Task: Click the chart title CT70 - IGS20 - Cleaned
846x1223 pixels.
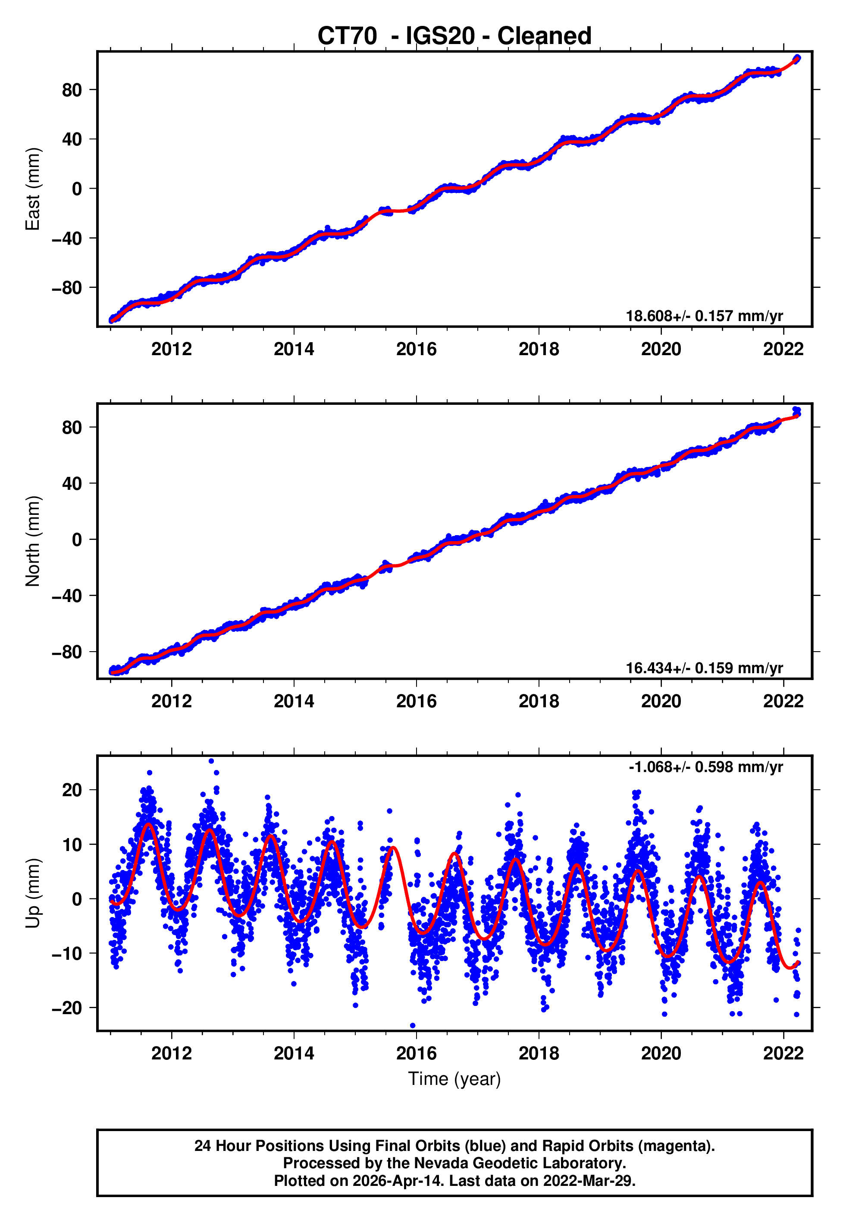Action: tap(454, 36)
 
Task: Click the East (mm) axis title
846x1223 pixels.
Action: tap(33, 189)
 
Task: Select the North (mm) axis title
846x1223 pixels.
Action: tap(33, 541)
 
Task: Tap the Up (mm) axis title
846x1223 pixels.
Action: tap(33, 893)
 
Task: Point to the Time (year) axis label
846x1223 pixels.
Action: tap(454, 1079)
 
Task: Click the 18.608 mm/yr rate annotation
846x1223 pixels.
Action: tap(704, 316)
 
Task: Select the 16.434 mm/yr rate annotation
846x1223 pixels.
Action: tap(704, 668)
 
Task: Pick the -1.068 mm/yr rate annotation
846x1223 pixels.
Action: tap(705, 767)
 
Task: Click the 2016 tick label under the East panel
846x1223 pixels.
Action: tap(416, 349)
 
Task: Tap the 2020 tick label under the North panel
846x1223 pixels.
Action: tap(661, 701)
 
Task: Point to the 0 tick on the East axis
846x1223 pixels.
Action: tap(77, 189)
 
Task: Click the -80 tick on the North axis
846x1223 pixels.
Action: tap(67, 652)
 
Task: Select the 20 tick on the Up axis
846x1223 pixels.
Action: tap(72, 790)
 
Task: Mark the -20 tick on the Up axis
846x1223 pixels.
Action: tap(67, 1008)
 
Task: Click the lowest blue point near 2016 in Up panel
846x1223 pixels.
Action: tap(413, 1026)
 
